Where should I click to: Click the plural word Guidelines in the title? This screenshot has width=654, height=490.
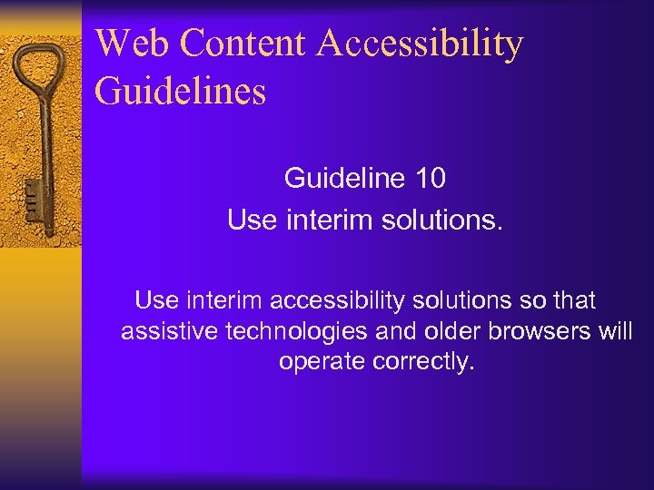(x=180, y=92)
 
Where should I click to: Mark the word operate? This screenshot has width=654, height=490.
(x=322, y=361)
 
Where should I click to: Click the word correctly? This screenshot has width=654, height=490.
(x=423, y=361)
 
